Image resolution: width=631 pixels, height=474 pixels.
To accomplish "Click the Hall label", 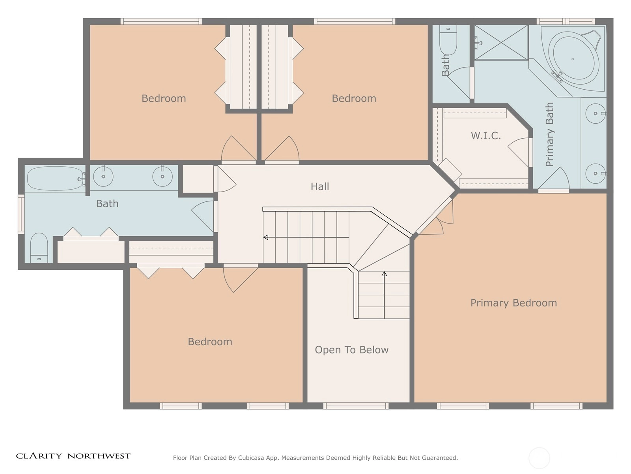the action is point(320,186).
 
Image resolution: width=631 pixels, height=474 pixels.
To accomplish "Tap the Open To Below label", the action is point(351,350).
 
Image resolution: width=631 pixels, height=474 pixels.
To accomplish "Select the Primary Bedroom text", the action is point(513,303).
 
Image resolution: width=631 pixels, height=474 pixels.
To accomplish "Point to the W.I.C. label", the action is point(485,135).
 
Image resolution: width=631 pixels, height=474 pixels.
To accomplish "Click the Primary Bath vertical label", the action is point(549,134).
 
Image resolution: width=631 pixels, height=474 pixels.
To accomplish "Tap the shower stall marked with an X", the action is point(501,43).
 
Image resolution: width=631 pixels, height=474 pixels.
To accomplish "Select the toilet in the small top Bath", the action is point(448,40).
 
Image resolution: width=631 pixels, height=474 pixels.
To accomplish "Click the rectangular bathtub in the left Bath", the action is point(55,179).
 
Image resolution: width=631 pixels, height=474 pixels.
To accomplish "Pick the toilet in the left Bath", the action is point(39,248).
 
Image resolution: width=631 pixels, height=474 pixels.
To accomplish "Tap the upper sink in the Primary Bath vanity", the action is point(596,113).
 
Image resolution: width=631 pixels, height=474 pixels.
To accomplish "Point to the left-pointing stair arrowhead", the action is point(266,237).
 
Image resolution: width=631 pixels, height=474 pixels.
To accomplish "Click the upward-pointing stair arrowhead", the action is point(385,274).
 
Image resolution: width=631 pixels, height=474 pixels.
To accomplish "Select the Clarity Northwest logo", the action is point(73,456).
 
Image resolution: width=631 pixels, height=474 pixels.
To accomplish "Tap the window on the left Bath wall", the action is point(21,214).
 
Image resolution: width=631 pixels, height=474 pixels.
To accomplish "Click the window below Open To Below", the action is point(356,406).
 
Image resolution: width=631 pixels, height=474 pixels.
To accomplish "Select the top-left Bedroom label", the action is point(164,98).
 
